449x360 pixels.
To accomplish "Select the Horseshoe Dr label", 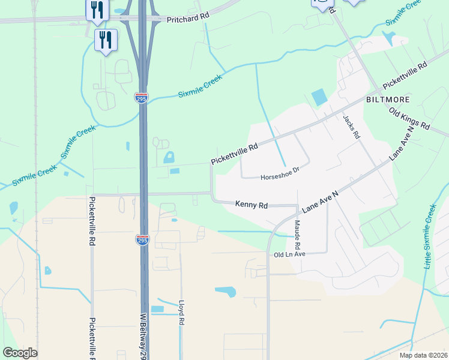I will [x=279, y=177].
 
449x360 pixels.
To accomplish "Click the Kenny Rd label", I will [x=252, y=205].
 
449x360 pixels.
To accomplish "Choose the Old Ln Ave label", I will [x=290, y=254].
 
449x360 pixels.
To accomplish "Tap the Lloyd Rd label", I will [x=180, y=313].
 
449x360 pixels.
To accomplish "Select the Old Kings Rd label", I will [x=410, y=119].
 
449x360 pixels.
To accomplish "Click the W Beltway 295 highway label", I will [x=144, y=333].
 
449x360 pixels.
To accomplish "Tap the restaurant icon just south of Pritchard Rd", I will [x=106, y=40].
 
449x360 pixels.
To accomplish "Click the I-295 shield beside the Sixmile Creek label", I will [x=141, y=98].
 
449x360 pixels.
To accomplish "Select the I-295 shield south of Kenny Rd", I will [x=142, y=240].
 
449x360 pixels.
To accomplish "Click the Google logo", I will [x=20, y=353].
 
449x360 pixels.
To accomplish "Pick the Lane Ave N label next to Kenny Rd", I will [x=321, y=201].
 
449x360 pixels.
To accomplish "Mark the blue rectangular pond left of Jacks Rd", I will [x=319, y=97].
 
